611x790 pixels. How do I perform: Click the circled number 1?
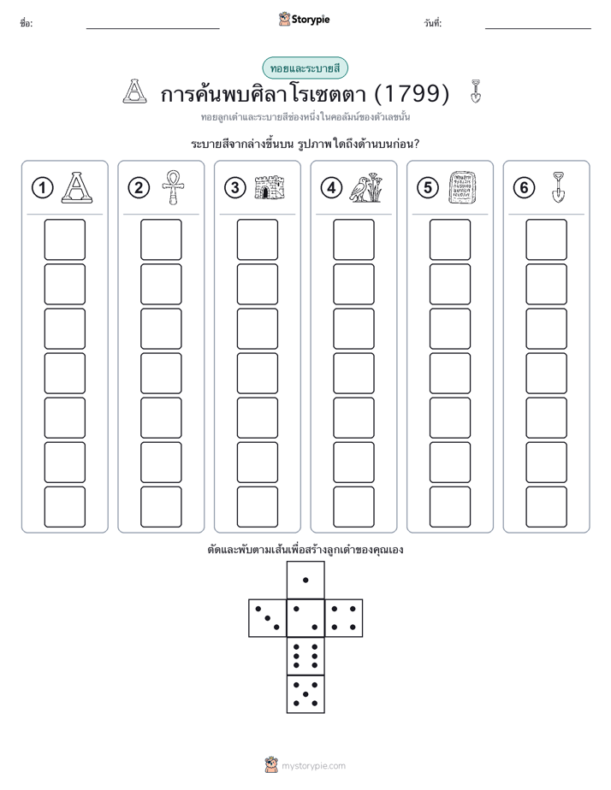(42, 188)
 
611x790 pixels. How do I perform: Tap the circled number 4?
(331, 188)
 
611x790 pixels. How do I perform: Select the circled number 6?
(524, 188)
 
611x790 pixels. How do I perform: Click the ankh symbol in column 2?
(173, 187)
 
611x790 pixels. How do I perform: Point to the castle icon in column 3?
(270, 187)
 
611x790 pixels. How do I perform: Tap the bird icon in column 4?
(366, 187)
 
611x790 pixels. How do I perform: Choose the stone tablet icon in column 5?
(462, 187)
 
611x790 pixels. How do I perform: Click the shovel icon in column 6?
(558, 187)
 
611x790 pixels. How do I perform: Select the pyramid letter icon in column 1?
(77, 187)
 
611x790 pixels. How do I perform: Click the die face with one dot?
(305, 580)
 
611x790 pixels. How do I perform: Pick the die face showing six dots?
(305, 656)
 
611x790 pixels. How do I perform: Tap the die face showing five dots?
(305, 694)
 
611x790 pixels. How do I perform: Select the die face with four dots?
(344, 618)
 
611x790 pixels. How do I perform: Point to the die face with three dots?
(267, 618)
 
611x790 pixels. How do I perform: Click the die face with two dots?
(305, 618)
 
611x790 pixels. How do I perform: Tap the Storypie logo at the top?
(304, 20)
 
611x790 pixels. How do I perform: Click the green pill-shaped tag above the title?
(305, 68)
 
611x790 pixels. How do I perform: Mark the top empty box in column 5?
(449, 239)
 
